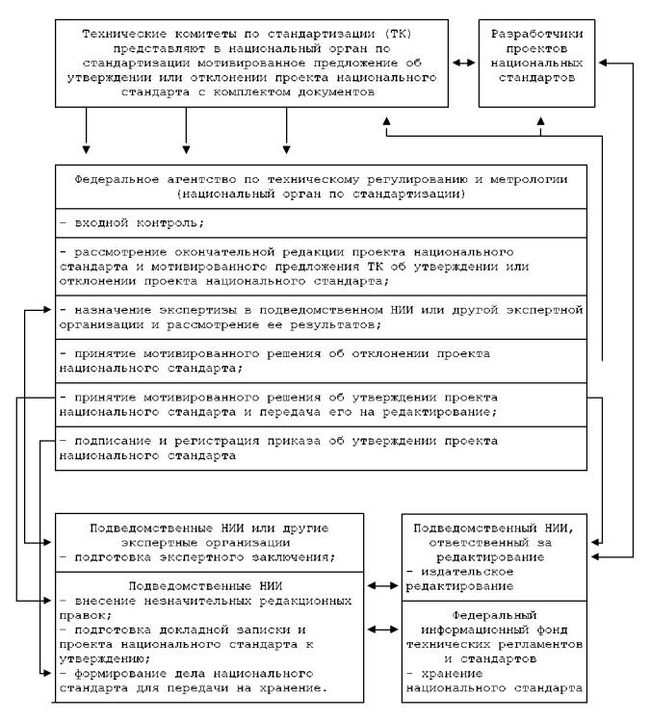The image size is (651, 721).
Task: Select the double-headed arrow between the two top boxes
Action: click(x=463, y=64)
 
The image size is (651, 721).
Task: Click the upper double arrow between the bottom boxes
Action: click(x=382, y=585)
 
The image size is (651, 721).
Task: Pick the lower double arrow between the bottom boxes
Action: click(x=382, y=630)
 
